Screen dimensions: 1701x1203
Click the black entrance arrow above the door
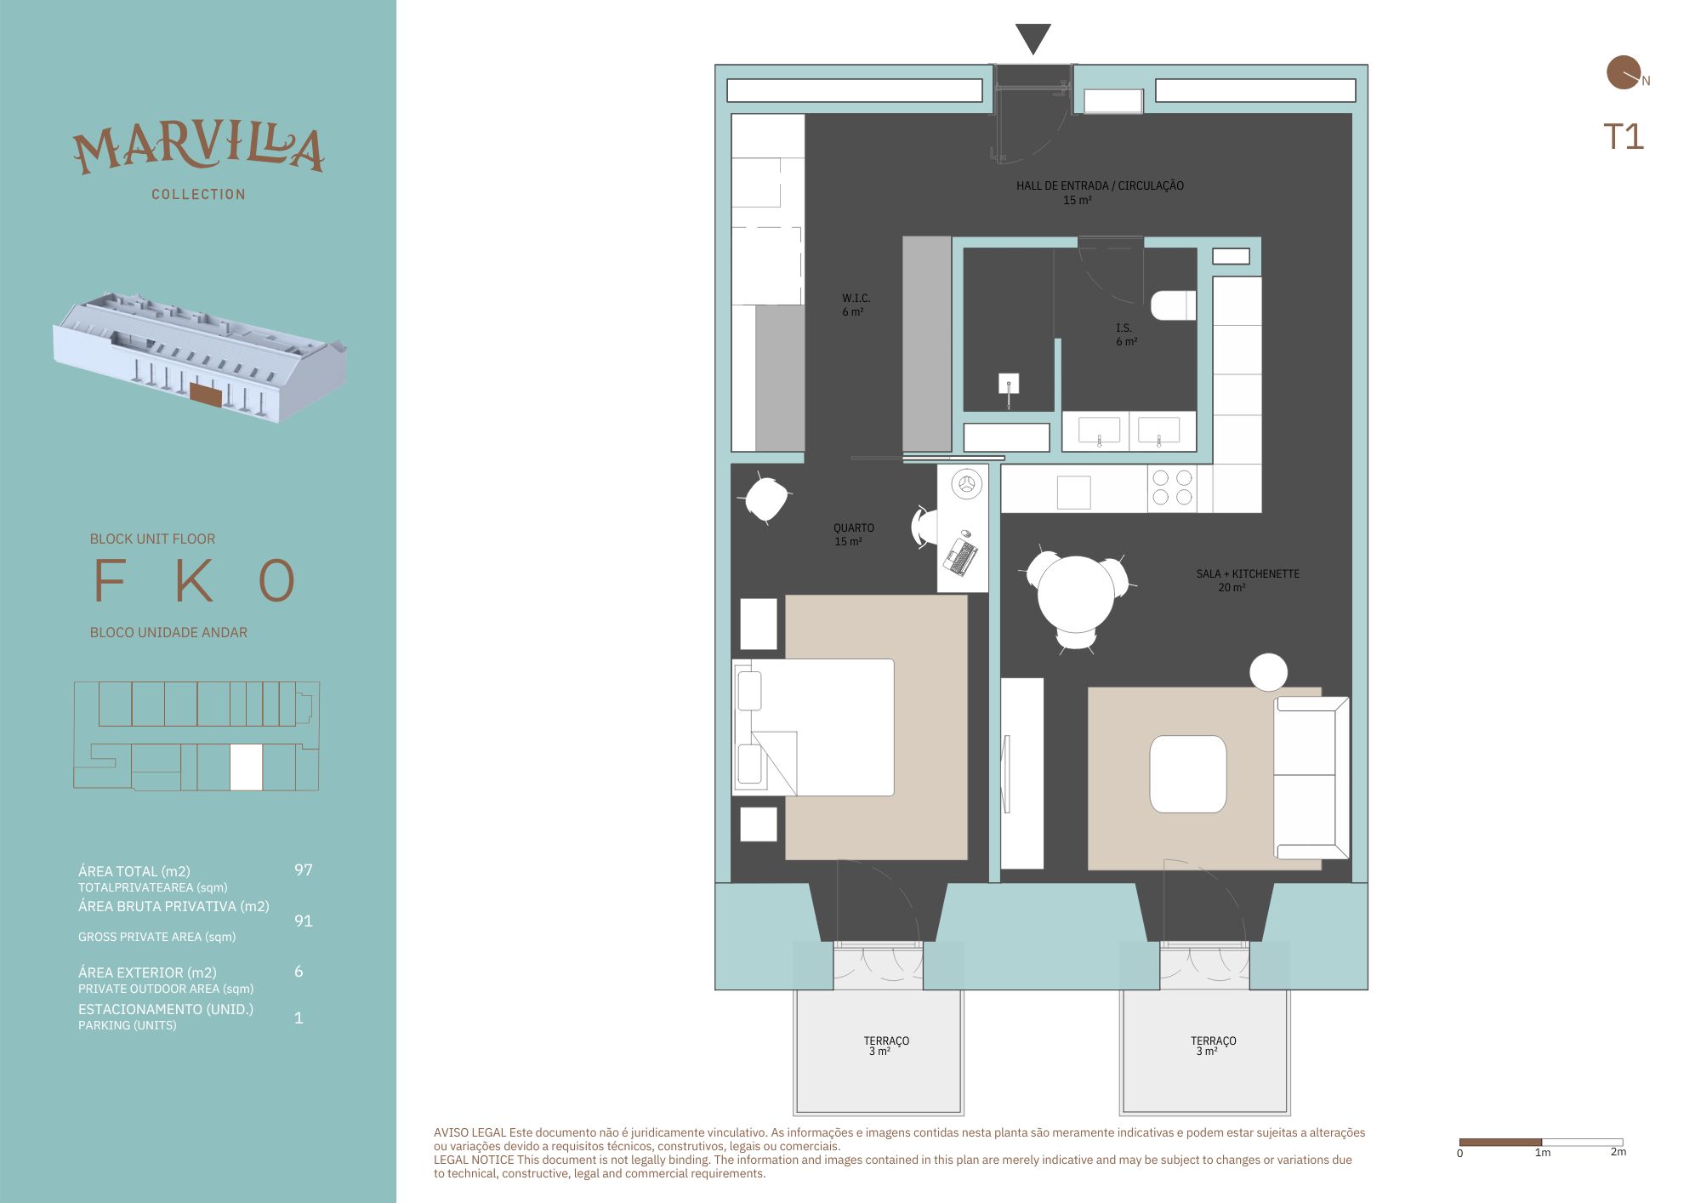point(1033,38)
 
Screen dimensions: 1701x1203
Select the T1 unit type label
point(1624,137)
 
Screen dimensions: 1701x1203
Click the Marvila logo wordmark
point(198,148)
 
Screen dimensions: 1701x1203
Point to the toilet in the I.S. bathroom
point(1174,305)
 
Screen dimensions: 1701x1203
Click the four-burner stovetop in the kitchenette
point(1172,488)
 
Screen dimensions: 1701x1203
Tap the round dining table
point(1076,594)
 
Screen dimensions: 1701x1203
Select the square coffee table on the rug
point(1188,774)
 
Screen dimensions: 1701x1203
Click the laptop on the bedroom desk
point(961,556)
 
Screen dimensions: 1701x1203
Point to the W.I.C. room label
point(856,305)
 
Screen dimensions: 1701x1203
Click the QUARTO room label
point(853,534)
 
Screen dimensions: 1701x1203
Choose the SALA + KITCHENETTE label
point(1248,580)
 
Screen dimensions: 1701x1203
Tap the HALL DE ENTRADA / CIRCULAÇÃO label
point(1100,192)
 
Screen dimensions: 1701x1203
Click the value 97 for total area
point(304,869)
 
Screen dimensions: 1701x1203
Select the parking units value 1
point(299,1018)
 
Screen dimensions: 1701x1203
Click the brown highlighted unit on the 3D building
point(206,394)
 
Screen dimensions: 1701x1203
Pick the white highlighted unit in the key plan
point(246,767)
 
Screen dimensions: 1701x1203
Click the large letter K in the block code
point(195,580)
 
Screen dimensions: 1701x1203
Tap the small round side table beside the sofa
point(1268,672)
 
